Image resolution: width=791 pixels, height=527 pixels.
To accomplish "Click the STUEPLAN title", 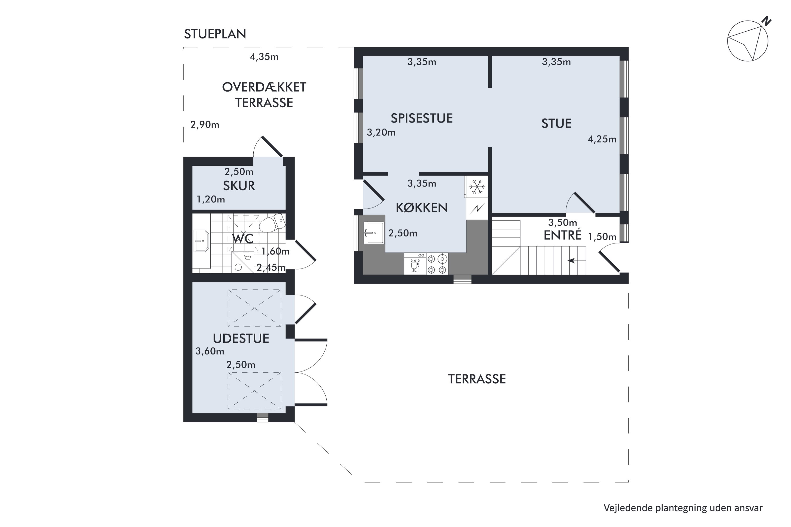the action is [x=215, y=34].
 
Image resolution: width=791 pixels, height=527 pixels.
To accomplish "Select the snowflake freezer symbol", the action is [x=477, y=187].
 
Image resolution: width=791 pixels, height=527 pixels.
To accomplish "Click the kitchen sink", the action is [x=374, y=233].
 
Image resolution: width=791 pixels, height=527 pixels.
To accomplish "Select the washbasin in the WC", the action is [x=201, y=241].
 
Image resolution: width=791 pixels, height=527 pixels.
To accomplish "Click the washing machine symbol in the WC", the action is [x=243, y=262].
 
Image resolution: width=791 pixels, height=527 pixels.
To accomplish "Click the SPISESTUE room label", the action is [x=422, y=118].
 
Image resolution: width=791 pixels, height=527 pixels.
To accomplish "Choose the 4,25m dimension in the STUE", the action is [x=602, y=139].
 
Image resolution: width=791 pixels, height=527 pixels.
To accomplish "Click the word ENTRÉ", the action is [x=563, y=235].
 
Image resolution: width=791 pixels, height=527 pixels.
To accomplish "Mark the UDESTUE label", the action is [x=241, y=338].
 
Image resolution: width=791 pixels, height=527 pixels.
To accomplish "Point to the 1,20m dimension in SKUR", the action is [x=211, y=199].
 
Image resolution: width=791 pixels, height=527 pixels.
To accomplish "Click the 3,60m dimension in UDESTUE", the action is [x=210, y=351].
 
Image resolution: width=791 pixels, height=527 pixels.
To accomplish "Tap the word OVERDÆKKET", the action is [x=264, y=87].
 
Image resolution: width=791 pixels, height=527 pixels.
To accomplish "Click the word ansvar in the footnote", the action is [x=748, y=508].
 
